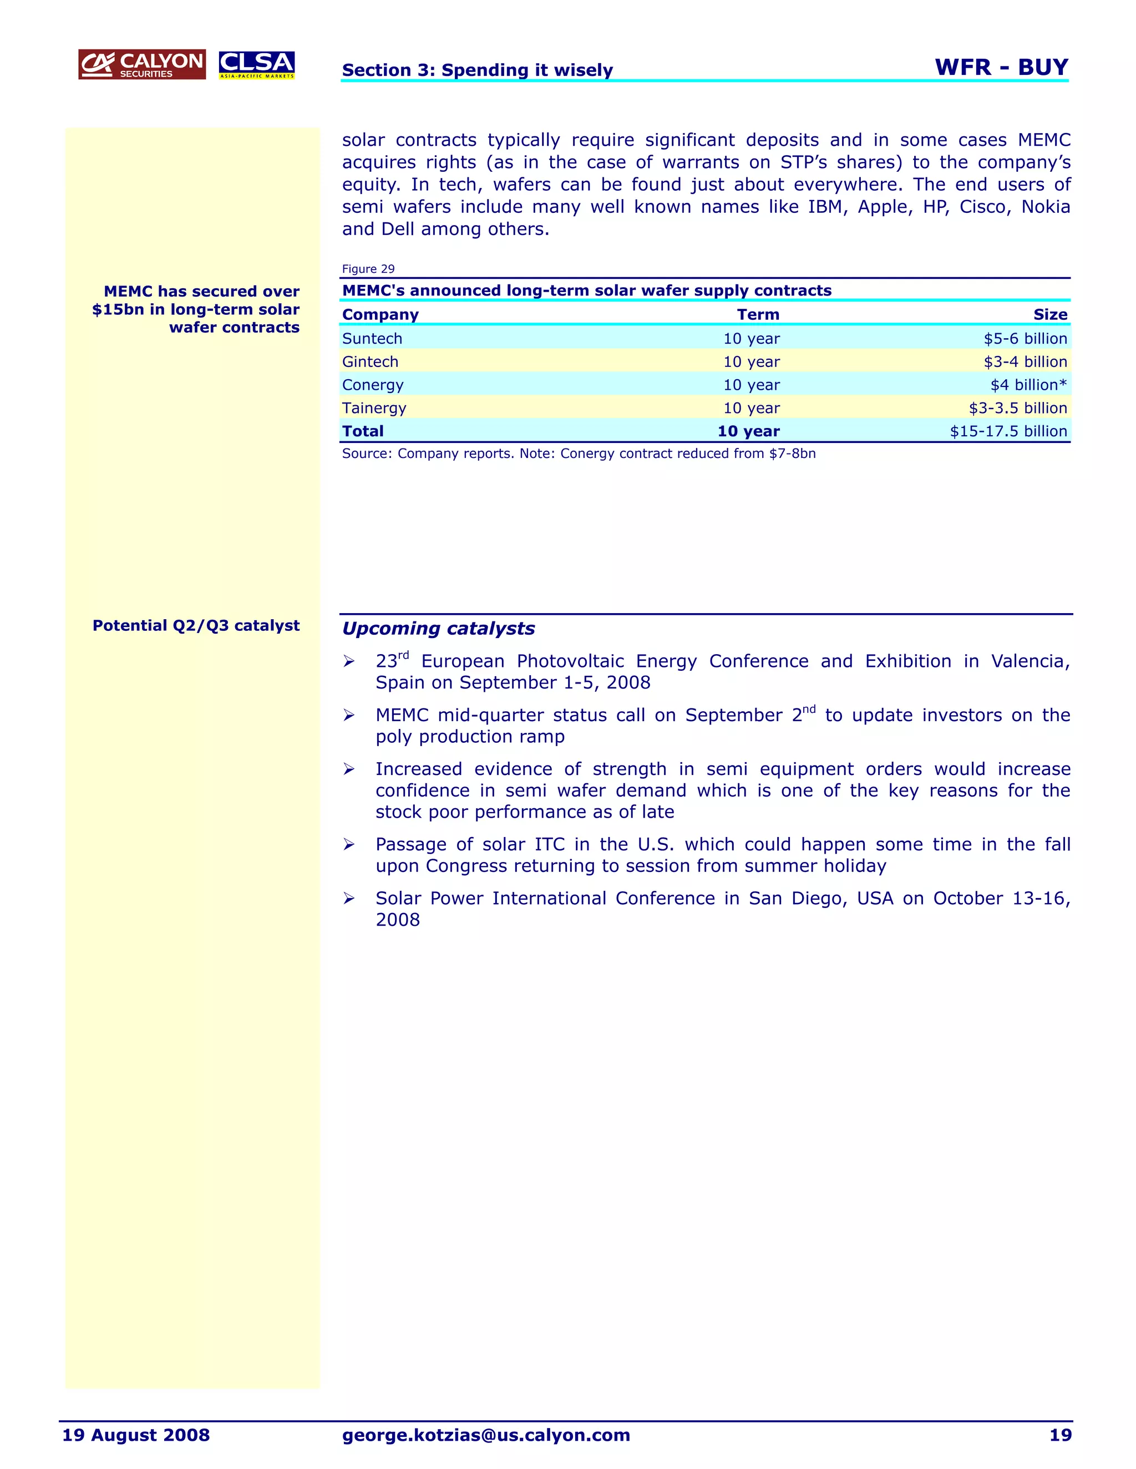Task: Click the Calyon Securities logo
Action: coord(142,64)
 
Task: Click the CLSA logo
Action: coord(256,64)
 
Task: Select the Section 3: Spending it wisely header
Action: coord(477,70)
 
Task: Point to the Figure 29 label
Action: coord(368,269)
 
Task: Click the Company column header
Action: coord(380,315)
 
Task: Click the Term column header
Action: coord(758,315)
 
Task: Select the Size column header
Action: coord(1050,315)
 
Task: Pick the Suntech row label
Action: coord(372,338)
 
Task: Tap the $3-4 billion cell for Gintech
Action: coord(1025,362)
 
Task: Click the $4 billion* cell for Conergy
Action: coord(1028,385)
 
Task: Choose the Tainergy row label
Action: coord(374,409)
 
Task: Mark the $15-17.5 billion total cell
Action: coord(1008,431)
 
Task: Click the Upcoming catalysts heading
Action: coord(438,629)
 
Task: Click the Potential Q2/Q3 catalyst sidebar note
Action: coord(196,625)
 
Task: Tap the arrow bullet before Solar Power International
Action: coord(348,899)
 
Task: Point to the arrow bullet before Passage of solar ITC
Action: coord(348,845)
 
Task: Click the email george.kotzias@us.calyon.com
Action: coord(486,1435)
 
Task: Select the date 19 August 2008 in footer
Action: coord(136,1435)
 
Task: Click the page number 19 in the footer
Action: coord(1060,1435)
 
